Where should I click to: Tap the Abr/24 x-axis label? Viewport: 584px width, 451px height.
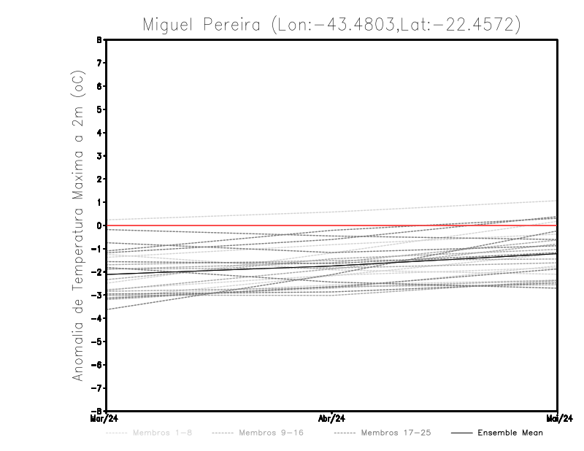[331, 418]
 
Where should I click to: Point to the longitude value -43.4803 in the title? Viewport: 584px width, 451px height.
[350, 25]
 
